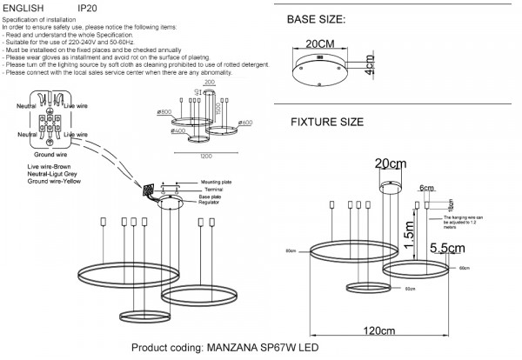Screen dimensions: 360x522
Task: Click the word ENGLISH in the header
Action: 24,7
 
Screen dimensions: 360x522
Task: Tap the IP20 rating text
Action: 88,7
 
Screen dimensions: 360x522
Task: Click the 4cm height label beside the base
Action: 369,64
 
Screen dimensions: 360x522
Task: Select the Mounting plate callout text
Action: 216,184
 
